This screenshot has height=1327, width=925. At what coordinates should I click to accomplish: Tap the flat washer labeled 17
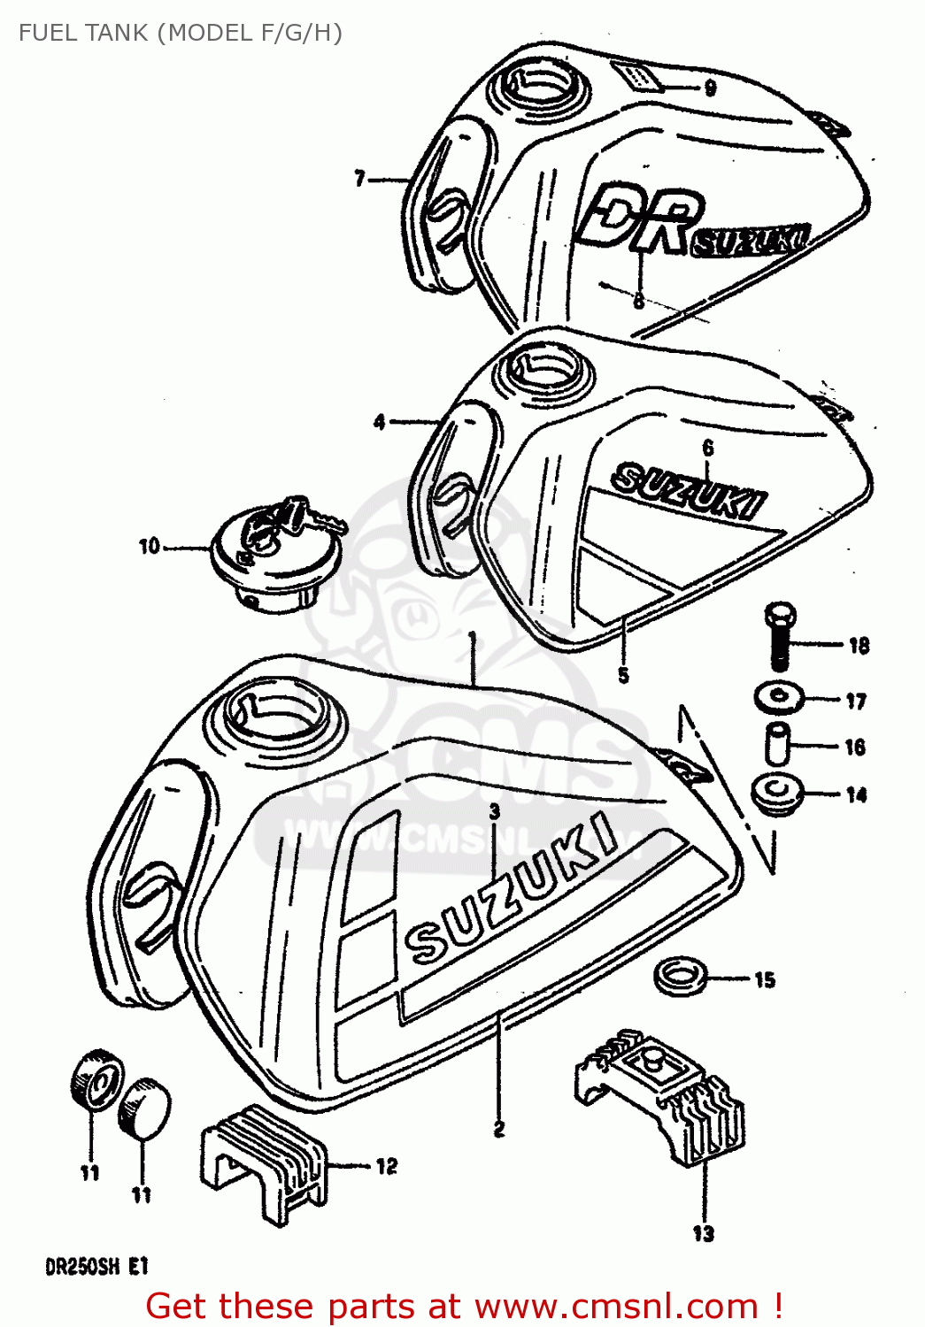tap(779, 696)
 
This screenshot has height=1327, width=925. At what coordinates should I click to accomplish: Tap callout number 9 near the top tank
tap(710, 87)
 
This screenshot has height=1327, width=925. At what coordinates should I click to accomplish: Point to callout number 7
tap(359, 179)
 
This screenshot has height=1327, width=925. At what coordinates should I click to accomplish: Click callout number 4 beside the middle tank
tap(379, 422)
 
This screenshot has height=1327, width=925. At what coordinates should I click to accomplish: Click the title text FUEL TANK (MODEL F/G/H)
tap(181, 33)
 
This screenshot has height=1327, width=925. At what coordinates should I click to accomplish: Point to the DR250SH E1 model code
tap(96, 1267)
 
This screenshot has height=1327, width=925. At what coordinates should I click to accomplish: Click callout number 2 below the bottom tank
tap(499, 1129)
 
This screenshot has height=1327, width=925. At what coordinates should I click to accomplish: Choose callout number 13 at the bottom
tap(703, 1232)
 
